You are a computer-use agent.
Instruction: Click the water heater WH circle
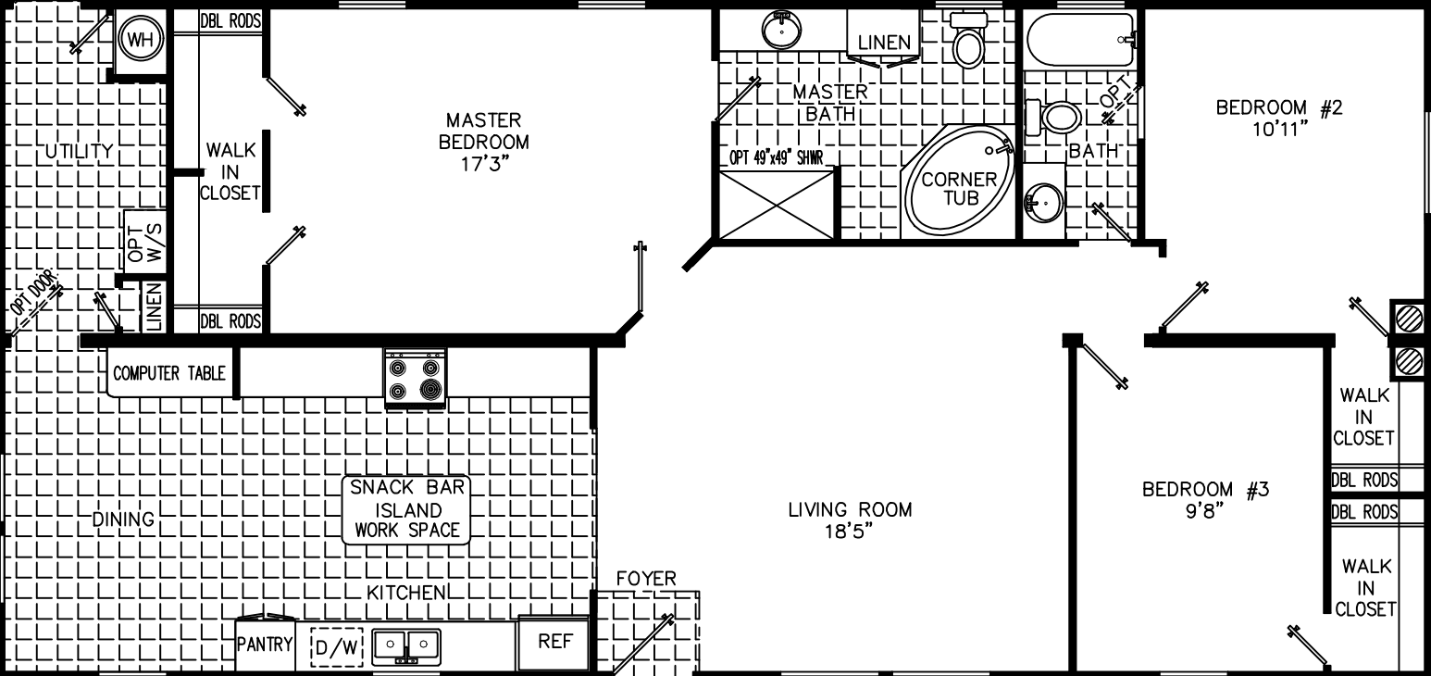pos(140,40)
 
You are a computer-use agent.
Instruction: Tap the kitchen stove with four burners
pos(415,379)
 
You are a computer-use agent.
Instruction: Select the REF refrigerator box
pos(554,642)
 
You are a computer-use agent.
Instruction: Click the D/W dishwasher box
pos(336,647)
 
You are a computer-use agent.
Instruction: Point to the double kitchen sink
pos(406,645)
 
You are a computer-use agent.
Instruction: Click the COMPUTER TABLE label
pos(168,374)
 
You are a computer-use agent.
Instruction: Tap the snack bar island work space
pos(404,508)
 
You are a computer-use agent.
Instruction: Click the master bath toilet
pos(968,39)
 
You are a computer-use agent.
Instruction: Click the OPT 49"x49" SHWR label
pos(776,157)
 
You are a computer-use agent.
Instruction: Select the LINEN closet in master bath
pos(885,43)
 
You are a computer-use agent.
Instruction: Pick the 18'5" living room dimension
pos(850,532)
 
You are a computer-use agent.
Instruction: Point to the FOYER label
pos(646,579)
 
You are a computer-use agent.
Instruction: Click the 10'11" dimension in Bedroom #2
pos(1278,131)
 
